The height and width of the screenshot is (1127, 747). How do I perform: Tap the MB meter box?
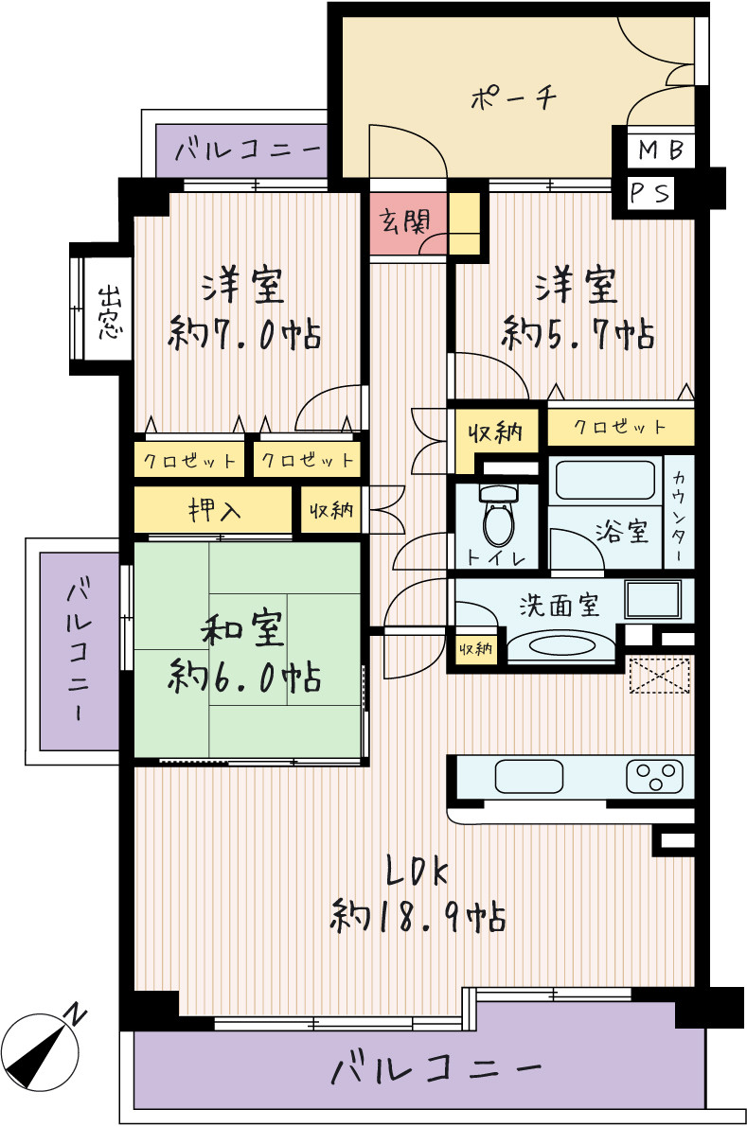pyautogui.click(x=660, y=150)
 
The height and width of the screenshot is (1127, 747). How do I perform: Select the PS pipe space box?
pyautogui.click(x=650, y=193)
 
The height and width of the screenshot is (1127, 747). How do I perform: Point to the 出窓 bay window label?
pyautogui.click(x=109, y=312)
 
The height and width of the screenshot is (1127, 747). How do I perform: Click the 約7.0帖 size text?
pyautogui.click(x=244, y=334)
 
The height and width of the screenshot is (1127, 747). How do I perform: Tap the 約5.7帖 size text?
pyautogui.click(x=578, y=333)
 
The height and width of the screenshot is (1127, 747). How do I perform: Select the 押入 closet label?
pyautogui.click(x=214, y=510)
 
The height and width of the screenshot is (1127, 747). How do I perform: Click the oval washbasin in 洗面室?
pyautogui.click(x=561, y=644)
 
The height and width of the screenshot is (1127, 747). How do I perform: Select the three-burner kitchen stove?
pyautogui.click(x=654, y=777)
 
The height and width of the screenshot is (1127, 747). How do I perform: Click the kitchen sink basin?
pyautogui.click(x=529, y=776)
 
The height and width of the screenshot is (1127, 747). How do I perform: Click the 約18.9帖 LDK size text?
pyautogui.click(x=418, y=916)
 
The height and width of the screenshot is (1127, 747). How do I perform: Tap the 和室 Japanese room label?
pyautogui.click(x=243, y=629)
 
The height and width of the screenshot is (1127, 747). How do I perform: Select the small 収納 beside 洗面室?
pyautogui.click(x=476, y=648)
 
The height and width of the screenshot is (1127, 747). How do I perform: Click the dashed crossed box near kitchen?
pyautogui.click(x=659, y=677)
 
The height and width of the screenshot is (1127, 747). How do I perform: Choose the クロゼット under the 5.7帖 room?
pyautogui.click(x=620, y=427)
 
